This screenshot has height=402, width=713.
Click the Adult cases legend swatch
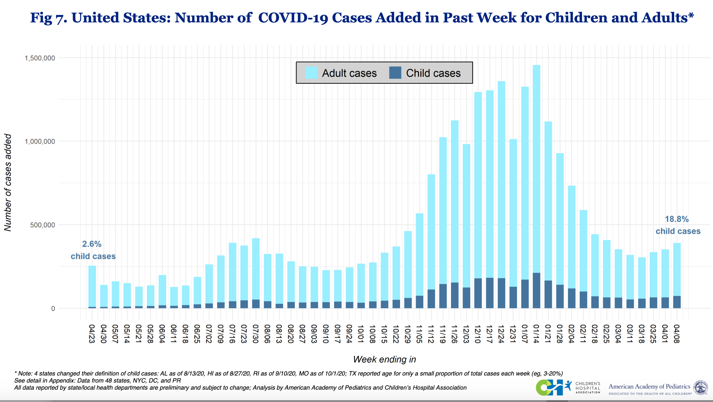(311, 73)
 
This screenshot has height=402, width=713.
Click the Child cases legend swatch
(395, 73)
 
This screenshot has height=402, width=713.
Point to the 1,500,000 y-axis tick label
(40, 58)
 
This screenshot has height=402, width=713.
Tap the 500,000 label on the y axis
(42, 225)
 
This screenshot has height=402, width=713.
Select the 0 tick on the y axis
(53, 308)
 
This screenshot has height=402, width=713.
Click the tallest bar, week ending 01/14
(536, 177)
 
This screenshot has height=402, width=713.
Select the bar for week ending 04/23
(92, 287)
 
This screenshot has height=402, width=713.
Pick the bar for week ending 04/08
(677, 274)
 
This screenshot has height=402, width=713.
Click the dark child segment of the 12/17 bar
(490, 293)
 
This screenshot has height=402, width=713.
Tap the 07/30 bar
(256, 271)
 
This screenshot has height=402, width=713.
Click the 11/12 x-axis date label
(431, 334)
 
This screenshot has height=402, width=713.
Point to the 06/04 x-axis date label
(162, 334)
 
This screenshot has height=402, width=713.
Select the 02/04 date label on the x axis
(571, 334)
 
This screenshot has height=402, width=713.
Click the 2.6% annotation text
(92, 244)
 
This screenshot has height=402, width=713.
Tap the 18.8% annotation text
(676, 219)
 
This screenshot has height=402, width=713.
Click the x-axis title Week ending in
(384, 359)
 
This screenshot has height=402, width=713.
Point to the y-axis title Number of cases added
(8, 182)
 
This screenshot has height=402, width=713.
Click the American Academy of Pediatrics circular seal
(701, 388)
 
